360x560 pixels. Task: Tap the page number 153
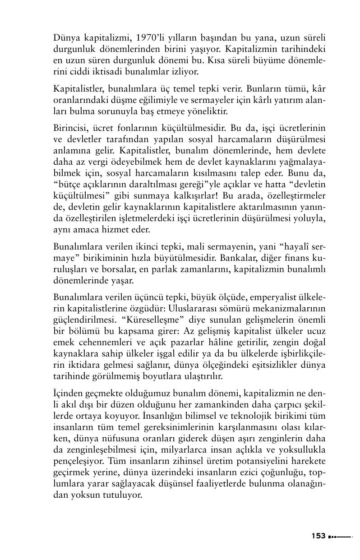tap(318, 536)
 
